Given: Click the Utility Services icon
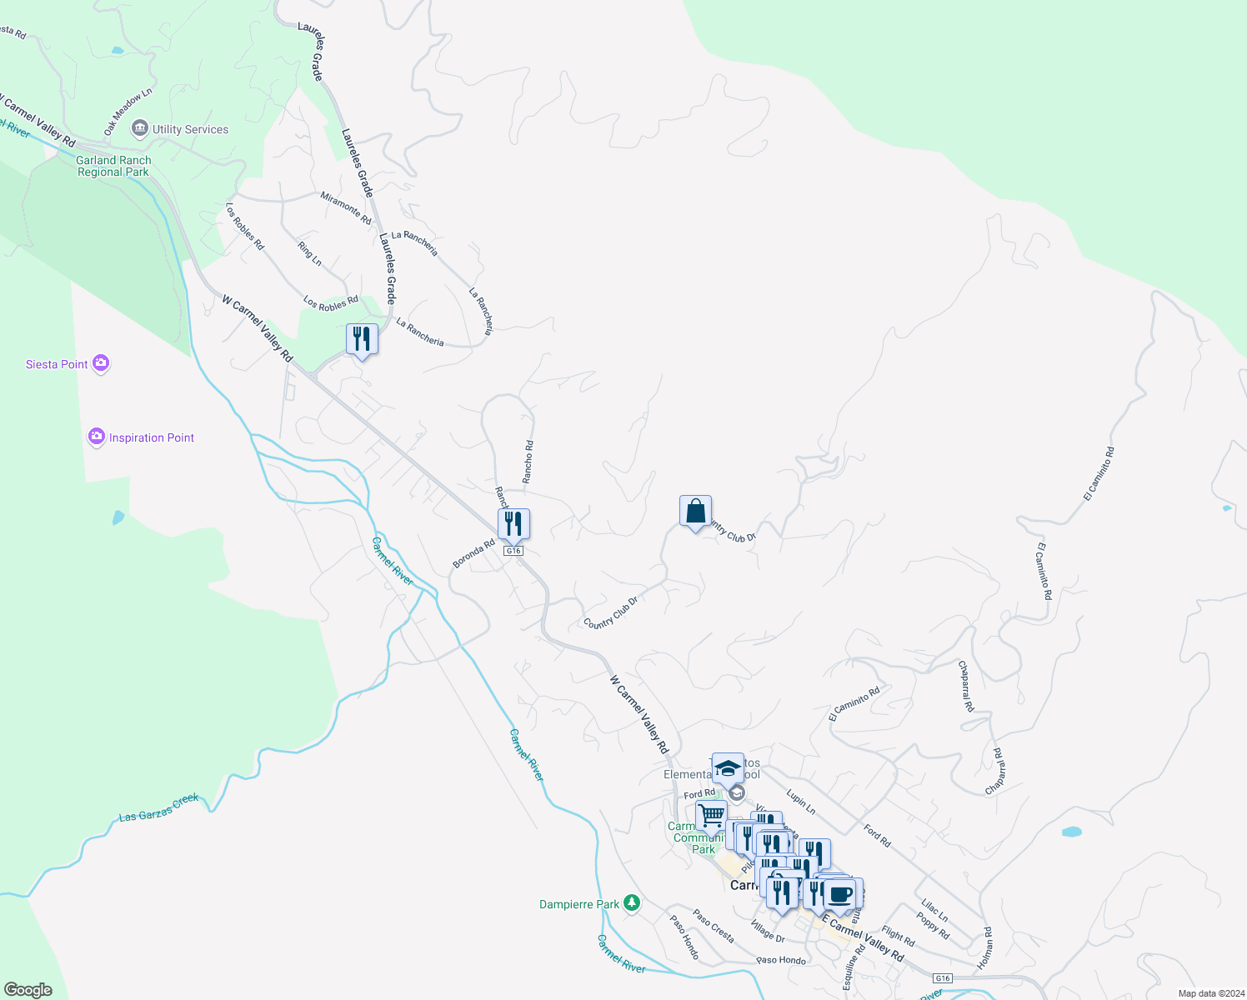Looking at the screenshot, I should (140, 128).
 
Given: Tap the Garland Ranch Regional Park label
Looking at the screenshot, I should (113, 166).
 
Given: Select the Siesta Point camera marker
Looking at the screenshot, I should (101, 363).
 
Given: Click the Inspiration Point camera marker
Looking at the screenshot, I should (97, 437).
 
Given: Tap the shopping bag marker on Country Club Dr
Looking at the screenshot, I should (695, 512).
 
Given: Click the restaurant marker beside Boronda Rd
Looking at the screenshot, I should (513, 524).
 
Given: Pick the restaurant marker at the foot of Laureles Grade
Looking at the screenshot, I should (362, 339).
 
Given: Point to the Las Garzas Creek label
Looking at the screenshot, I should (158, 807).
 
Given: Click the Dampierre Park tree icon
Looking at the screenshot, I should (632, 903).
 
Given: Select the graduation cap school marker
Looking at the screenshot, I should (728, 768).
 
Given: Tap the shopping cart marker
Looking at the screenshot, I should (711, 814).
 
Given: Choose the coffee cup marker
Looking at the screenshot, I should (841, 894).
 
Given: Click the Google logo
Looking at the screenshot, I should (28, 989).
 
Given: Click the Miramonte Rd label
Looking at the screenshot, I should (346, 207).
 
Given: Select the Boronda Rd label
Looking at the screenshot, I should (473, 554).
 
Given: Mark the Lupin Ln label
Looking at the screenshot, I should (800, 802).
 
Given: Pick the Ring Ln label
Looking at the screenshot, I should (309, 253).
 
